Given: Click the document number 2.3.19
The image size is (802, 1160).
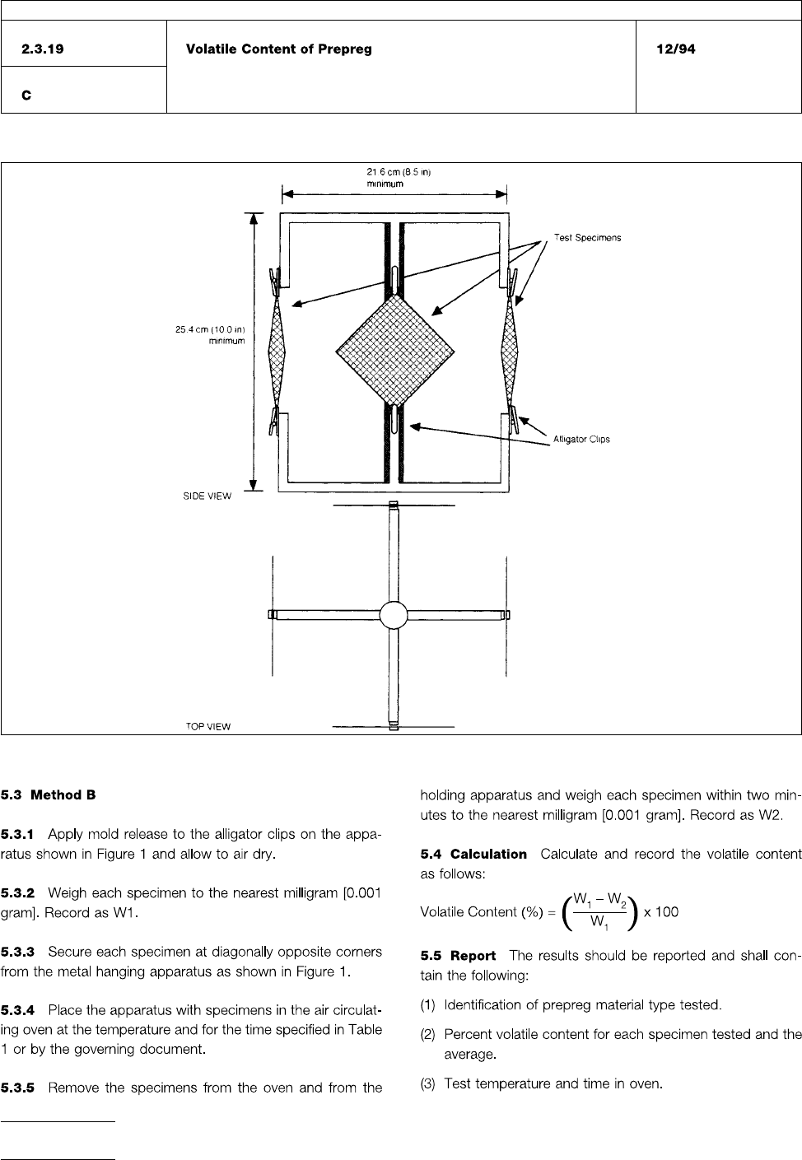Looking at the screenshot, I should point(43,49).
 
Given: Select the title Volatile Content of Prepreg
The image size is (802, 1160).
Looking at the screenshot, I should point(278,49).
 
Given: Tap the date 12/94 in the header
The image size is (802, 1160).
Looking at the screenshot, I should point(675,49).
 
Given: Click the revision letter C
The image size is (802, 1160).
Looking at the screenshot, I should point(26,96).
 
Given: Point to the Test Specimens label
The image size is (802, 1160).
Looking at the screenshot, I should point(587,238).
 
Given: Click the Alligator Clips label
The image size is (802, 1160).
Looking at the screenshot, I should point(581,440).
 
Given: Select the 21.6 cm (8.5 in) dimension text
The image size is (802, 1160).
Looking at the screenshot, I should point(386,172).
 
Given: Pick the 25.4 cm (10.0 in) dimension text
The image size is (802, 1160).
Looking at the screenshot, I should point(210,330).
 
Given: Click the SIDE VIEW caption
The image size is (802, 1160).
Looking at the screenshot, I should point(207,496).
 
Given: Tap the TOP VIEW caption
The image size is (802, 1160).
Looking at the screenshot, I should point(207,727).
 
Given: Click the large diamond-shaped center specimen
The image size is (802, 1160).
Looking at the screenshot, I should point(396,351).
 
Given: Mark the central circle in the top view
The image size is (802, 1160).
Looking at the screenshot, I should point(393,615).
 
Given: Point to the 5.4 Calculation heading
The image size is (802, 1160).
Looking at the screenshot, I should point(473,855).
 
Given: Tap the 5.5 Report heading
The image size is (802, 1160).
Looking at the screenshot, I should point(458,956).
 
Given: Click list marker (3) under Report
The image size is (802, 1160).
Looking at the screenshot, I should point(428,1083).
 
